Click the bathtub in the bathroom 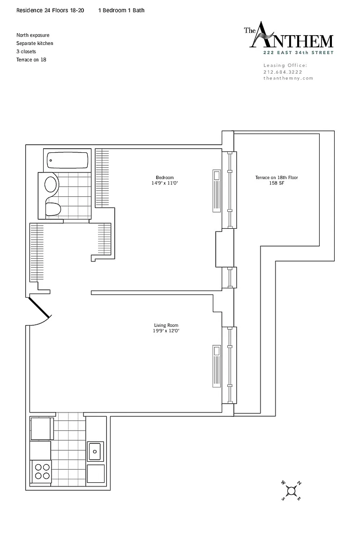tap(67, 160)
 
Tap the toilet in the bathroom tap(53, 209)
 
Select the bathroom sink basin tap(51, 185)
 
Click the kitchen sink tap(94, 451)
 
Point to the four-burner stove tap(41, 472)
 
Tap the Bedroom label tap(165, 178)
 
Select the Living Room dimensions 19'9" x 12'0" tap(166, 331)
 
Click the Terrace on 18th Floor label tap(276, 178)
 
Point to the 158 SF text tap(276, 183)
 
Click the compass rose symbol tap(292, 491)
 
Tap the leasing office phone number tap(283, 72)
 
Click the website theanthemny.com tap(288, 78)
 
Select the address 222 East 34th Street tap(298, 52)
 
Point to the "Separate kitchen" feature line tap(35, 44)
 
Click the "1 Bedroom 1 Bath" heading tap(121, 10)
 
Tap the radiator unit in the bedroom tap(217, 191)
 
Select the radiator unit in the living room tap(217, 367)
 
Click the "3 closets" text tap(26, 52)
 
